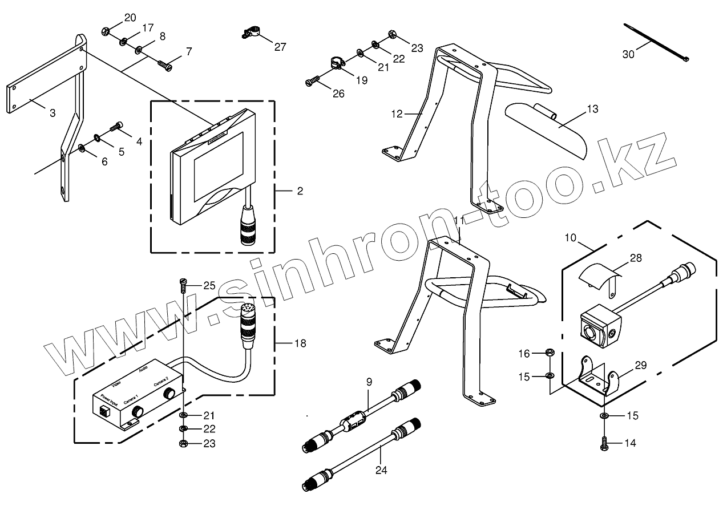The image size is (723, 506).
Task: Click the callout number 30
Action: click(x=628, y=54)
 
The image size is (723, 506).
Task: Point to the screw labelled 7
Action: click(x=165, y=66)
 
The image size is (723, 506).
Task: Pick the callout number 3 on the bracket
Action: click(x=52, y=113)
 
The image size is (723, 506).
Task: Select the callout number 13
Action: click(x=592, y=109)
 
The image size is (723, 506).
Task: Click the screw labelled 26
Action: click(x=310, y=83)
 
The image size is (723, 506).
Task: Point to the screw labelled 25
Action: click(x=183, y=282)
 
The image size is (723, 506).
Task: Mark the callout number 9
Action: click(x=369, y=381)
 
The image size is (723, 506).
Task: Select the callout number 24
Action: click(x=381, y=471)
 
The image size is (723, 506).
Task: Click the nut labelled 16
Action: click(x=548, y=353)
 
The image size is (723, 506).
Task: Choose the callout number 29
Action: click(x=641, y=366)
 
